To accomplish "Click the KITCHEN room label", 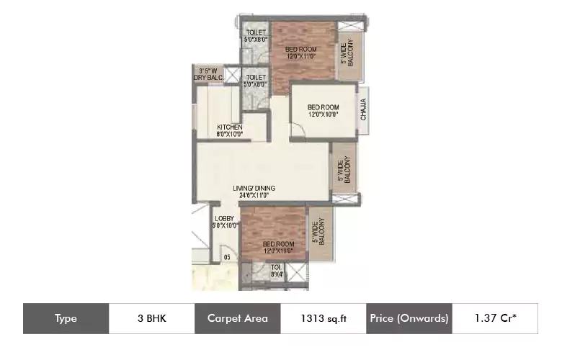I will pyautogui.click(x=230, y=127).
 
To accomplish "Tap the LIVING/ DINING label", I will pyautogui.click(x=254, y=189).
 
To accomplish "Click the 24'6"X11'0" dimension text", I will pyautogui.click(x=254, y=195).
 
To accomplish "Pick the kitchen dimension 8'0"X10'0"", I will pyautogui.click(x=230, y=134).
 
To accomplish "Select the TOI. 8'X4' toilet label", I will pyautogui.click(x=277, y=270).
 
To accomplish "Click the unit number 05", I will pyautogui.click(x=226, y=256).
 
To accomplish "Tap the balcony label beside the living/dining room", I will pyautogui.click(x=343, y=171).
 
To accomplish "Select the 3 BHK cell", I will pyautogui.click(x=151, y=318).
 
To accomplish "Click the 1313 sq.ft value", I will pyautogui.click(x=324, y=318).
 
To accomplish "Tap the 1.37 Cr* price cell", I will pyautogui.click(x=495, y=318).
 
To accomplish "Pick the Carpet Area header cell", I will pyautogui.click(x=238, y=318).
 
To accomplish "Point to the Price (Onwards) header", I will pyautogui.click(x=409, y=318).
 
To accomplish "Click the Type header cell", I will pyautogui.click(x=66, y=318).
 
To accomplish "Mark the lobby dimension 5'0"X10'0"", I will pyautogui.click(x=226, y=225).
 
